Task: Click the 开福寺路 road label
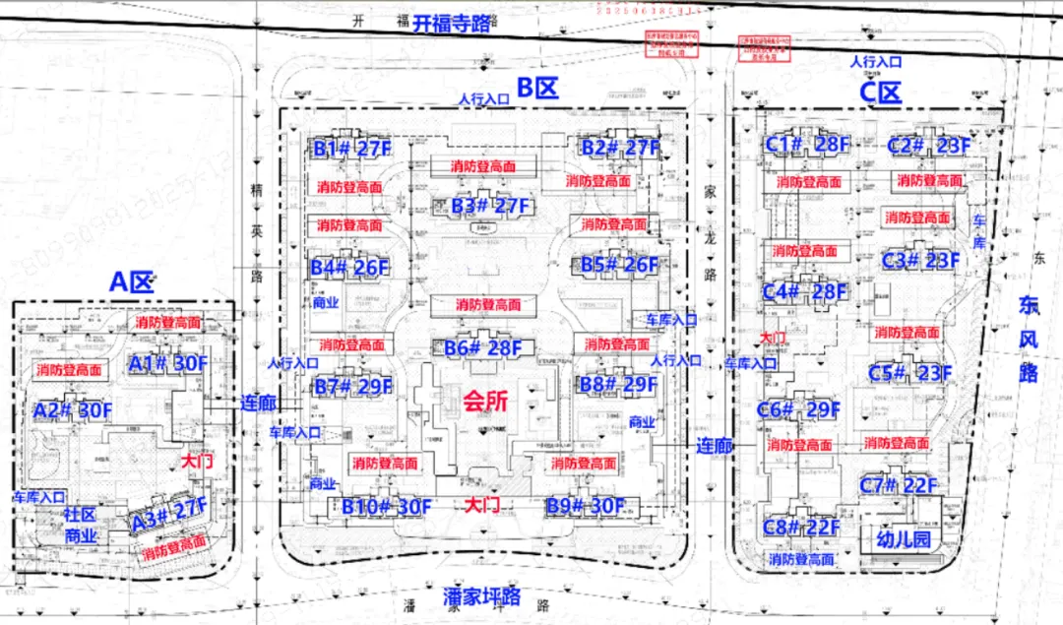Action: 452,24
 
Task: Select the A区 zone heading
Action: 131,282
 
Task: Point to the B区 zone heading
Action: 537,89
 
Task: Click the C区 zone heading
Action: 880,93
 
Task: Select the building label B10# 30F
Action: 387,507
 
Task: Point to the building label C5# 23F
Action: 910,373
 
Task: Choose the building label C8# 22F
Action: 801,528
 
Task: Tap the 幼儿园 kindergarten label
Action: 903,539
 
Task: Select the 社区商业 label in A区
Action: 81,526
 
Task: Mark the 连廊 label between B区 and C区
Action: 715,446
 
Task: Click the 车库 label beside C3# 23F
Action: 979,228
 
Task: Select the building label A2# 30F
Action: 73,409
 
